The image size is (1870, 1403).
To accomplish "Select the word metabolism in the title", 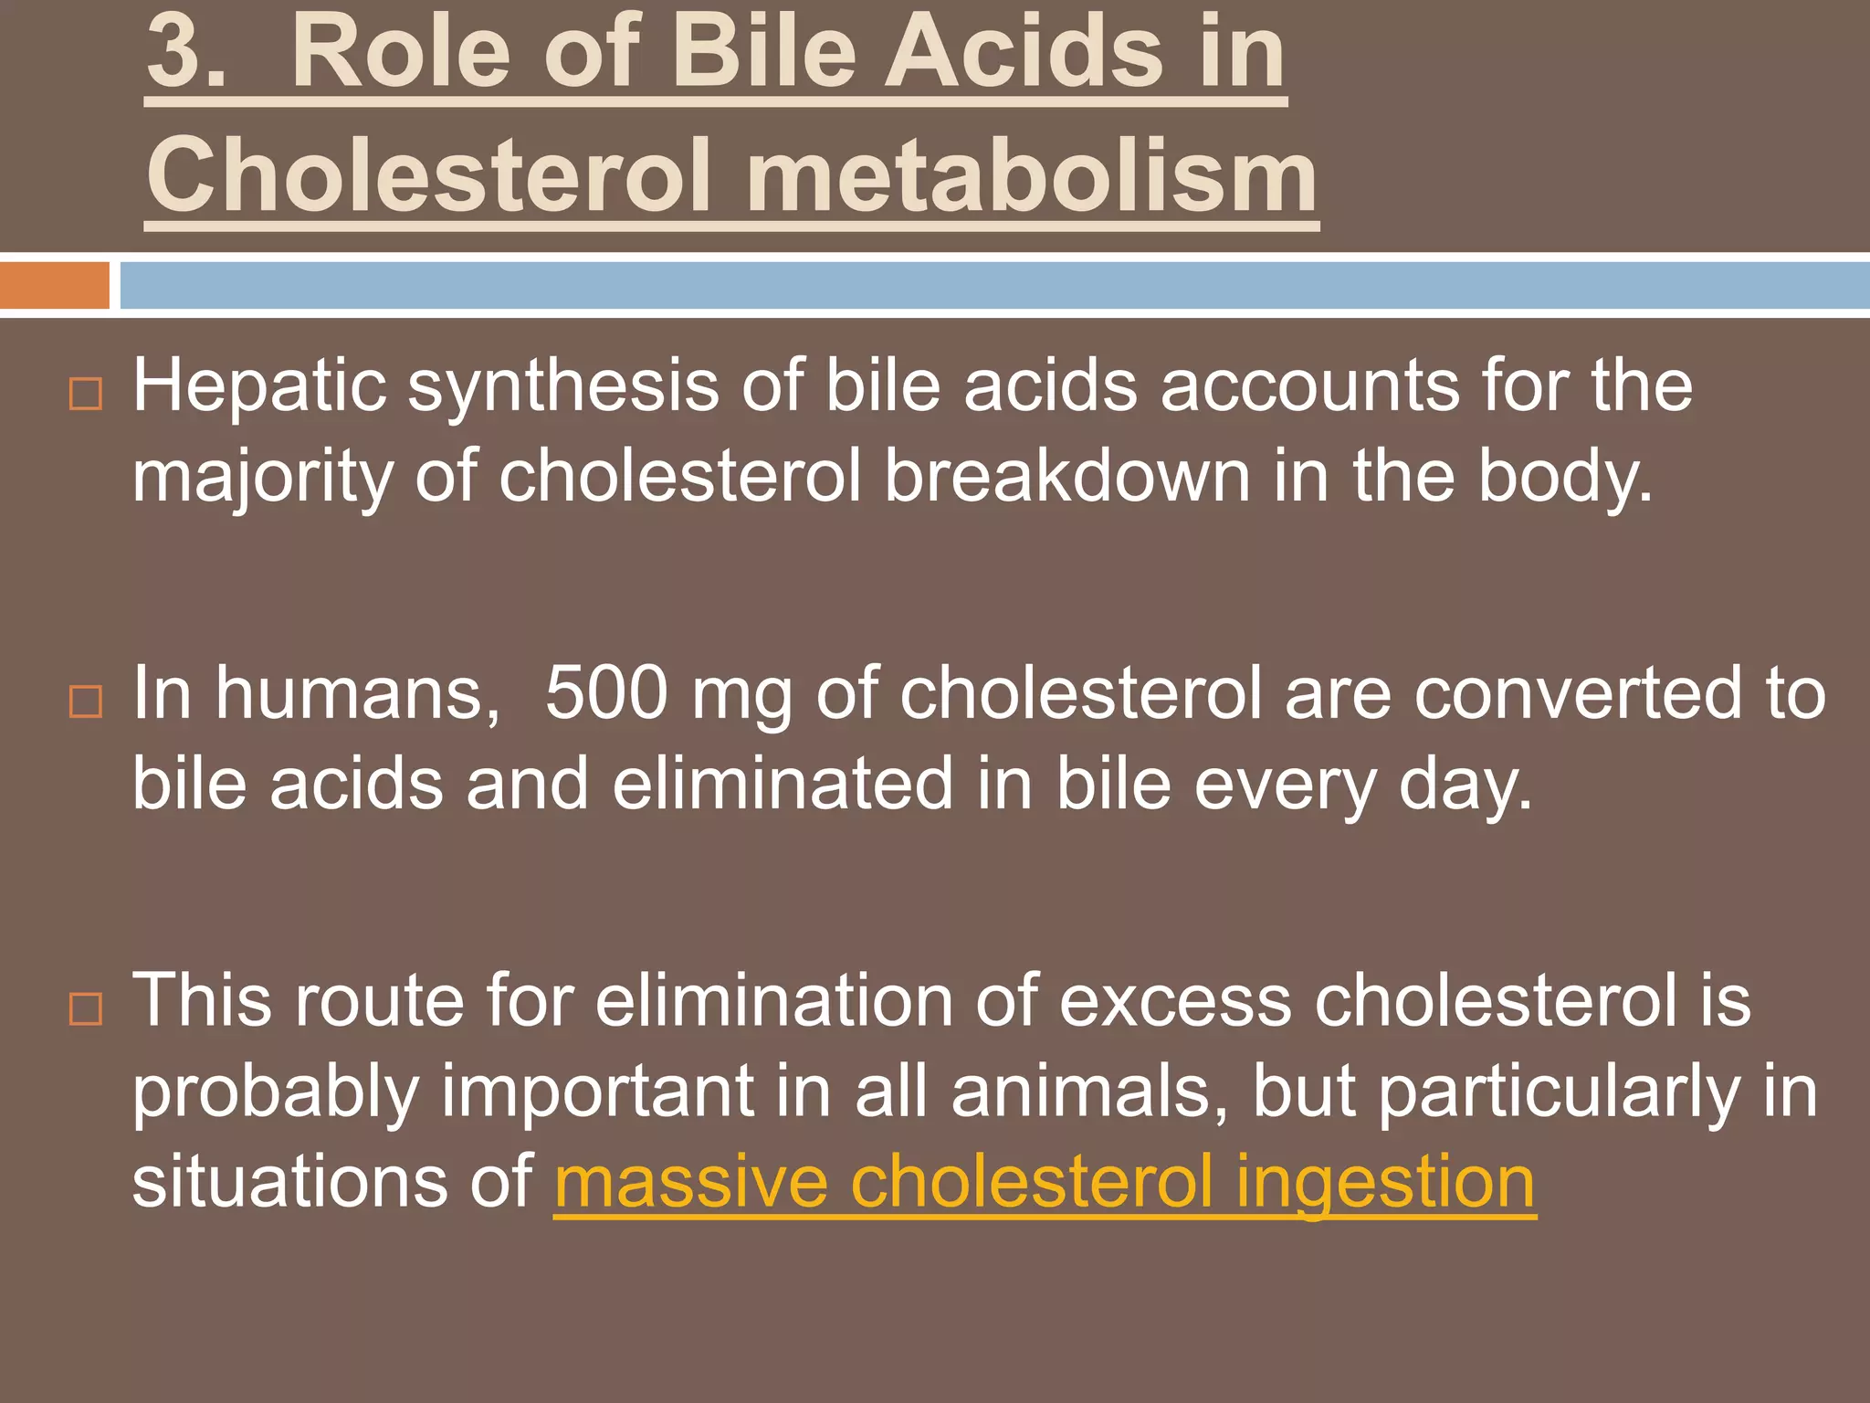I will [x=1031, y=175].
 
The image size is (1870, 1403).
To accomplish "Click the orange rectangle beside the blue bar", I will [x=55, y=285].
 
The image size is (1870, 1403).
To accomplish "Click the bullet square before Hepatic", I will [x=86, y=394].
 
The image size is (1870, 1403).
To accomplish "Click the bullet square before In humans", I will [x=86, y=701].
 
